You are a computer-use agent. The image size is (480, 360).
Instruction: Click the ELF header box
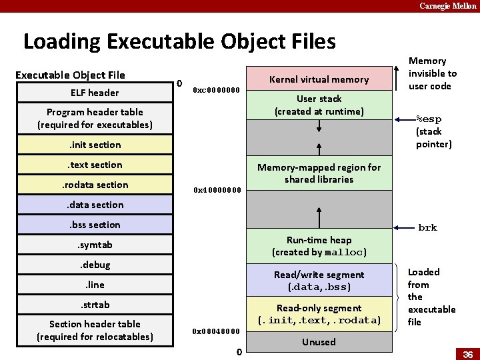tap(95, 93)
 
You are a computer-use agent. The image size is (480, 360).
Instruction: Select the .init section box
tap(95, 145)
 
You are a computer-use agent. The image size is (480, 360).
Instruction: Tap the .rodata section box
tap(95, 185)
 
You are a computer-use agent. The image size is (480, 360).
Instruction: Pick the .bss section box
tap(95, 225)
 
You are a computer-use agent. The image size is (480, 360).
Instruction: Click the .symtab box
tap(95, 245)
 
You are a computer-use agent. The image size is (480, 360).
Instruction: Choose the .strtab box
tap(95, 305)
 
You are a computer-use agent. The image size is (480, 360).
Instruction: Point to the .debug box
tap(95, 265)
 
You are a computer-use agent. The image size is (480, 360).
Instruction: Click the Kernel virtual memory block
tap(319, 79)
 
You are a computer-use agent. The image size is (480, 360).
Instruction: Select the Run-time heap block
tap(319, 246)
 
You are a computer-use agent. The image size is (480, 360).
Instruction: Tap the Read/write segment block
tap(319, 281)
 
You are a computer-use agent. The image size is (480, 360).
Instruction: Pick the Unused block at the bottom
tap(319, 342)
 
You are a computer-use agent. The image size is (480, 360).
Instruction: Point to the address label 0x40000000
tap(217, 190)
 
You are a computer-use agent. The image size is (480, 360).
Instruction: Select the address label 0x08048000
tap(217, 331)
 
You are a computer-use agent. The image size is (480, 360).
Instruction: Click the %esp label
tap(429, 120)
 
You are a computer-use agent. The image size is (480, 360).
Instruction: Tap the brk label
tap(427, 228)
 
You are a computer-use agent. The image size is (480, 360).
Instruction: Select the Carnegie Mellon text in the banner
tap(447, 6)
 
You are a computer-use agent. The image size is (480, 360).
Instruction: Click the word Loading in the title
tap(62, 42)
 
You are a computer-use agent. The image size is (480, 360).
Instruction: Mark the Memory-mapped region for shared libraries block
tap(319, 173)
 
